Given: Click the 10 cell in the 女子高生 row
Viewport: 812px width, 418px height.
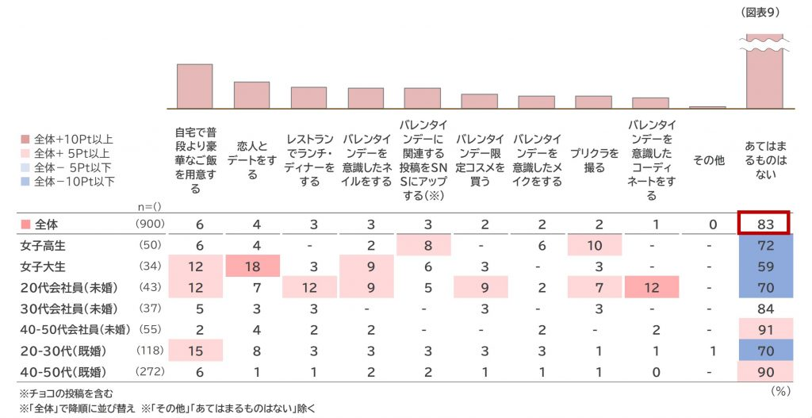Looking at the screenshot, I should (595, 246).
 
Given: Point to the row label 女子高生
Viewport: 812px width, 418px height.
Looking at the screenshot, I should (44, 246).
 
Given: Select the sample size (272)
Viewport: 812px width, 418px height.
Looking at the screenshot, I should (151, 370).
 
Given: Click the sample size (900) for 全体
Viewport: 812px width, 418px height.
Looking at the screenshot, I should (151, 224).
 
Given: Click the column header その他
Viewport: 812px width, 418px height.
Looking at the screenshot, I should (708, 160).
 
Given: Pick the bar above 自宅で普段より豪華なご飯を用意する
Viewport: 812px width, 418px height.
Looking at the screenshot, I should (194, 86).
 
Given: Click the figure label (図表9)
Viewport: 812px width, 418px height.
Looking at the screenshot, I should (761, 13).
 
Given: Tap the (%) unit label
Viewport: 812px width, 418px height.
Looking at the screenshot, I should (782, 392).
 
